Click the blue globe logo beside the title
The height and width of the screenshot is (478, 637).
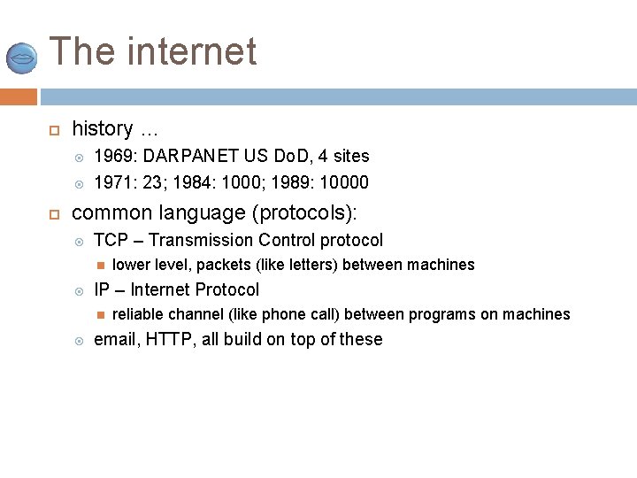point(21,58)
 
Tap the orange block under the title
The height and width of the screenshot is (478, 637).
point(19,96)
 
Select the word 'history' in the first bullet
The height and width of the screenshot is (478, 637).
point(102,129)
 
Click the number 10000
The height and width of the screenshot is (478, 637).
point(345,183)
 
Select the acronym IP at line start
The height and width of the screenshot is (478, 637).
point(102,289)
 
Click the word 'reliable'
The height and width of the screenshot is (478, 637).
point(138,314)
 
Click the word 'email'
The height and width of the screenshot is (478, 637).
point(114,339)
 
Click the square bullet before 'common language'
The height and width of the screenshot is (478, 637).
point(54,214)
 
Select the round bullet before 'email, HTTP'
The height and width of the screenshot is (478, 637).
point(79,340)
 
